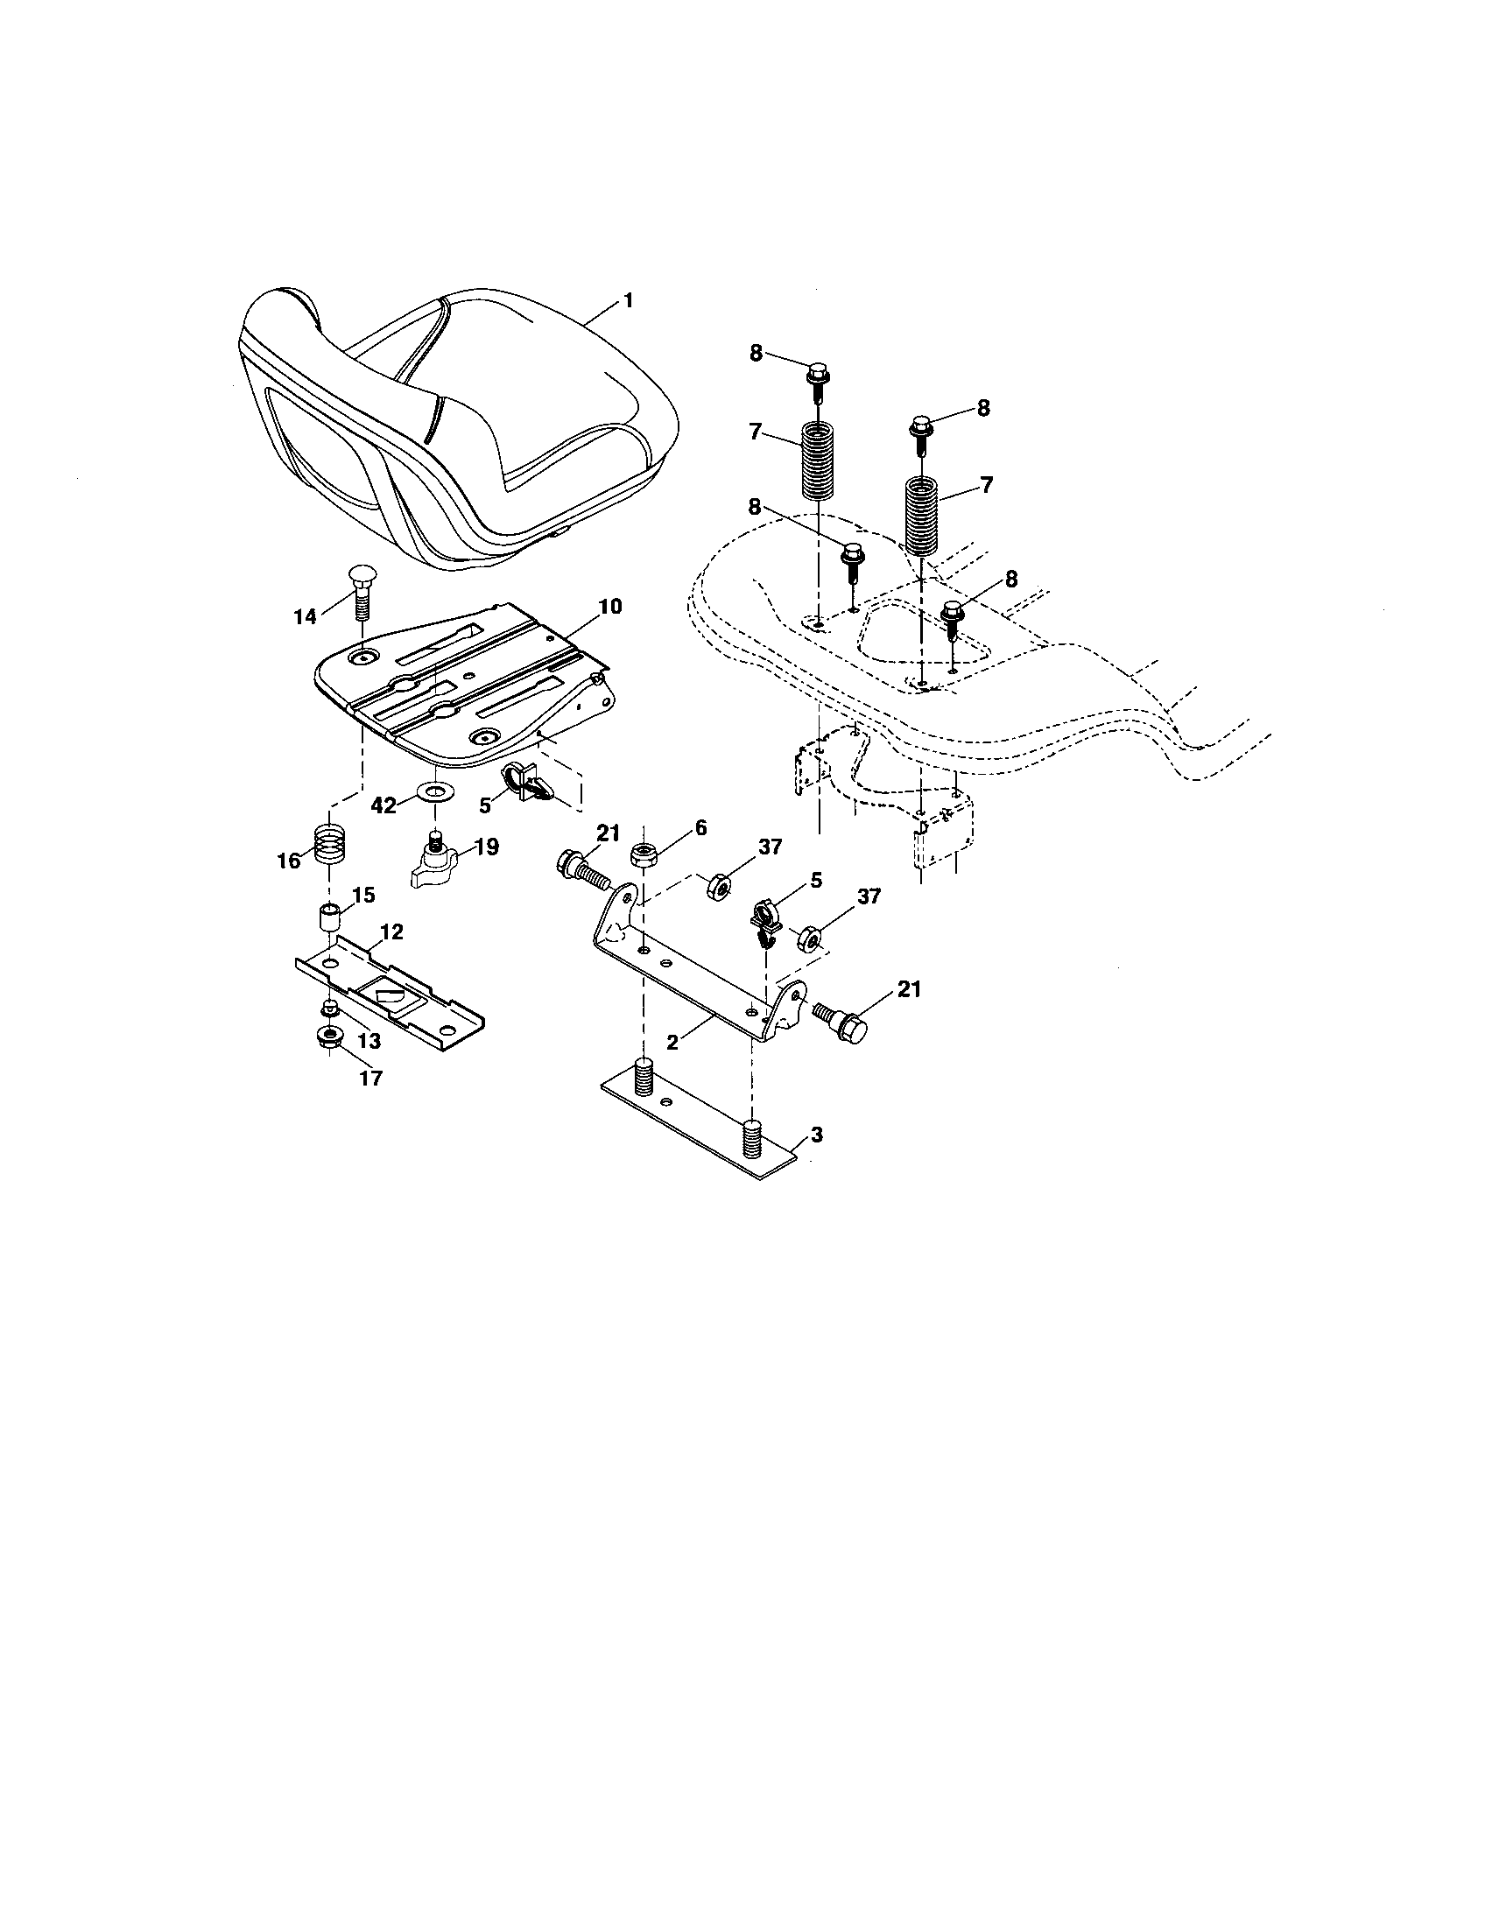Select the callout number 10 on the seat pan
[x=609, y=607]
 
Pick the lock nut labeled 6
[x=644, y=854]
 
